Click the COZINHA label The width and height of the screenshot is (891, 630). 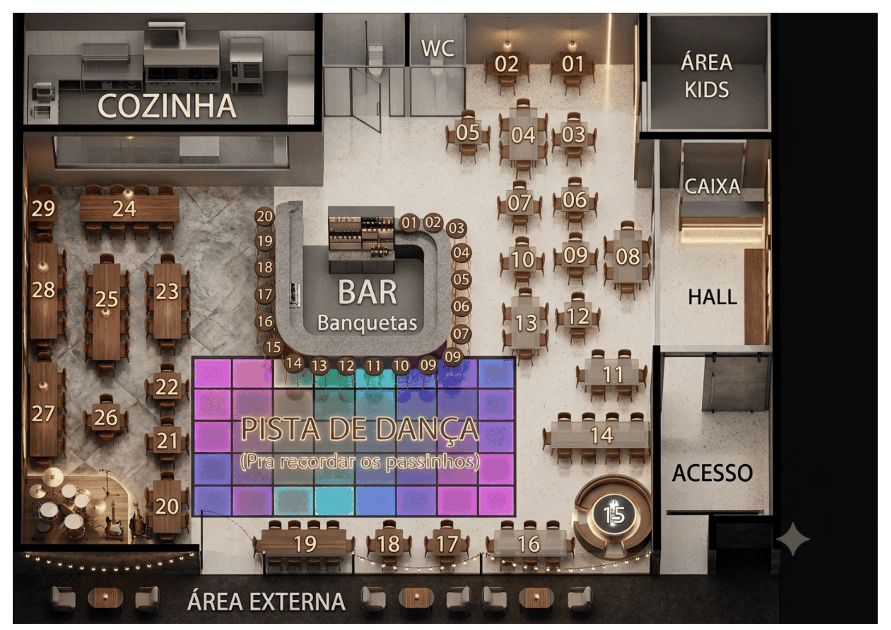[167, 106]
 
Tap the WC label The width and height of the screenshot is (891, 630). [438, 49]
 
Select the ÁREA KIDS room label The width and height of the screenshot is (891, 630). [707, 76]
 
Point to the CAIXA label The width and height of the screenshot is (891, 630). [712, 186]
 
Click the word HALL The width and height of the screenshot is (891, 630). [712, 297]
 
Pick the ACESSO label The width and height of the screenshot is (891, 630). [712, 473]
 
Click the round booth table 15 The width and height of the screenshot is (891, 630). [614, 515]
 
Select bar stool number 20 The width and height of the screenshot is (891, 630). [265, 217]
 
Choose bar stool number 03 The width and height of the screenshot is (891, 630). [456, 228]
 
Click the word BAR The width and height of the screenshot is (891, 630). [367, 293]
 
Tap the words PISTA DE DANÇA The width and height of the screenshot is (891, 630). [360, 430]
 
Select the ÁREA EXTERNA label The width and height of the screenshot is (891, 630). [266, 601]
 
